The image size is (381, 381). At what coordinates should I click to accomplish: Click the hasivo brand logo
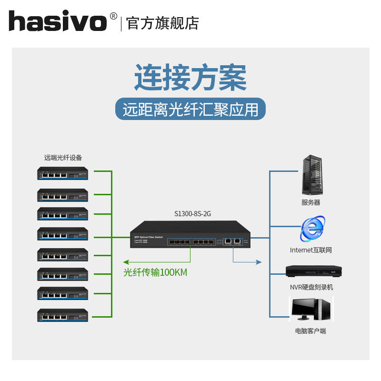point(57,22)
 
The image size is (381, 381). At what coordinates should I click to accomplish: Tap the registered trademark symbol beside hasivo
point(113,16)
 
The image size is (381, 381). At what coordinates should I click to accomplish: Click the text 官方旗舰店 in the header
point(162,23)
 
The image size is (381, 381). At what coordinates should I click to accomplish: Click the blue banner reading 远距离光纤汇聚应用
point(190,110)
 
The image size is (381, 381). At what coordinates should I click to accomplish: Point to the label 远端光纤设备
point(63,158)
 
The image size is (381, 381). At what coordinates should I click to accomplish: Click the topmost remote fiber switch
point(63,173)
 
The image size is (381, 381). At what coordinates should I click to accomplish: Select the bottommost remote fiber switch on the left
point(63,315)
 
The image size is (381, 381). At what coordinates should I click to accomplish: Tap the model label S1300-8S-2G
point(192,214)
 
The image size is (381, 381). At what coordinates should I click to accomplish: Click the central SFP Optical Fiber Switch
point(190,235)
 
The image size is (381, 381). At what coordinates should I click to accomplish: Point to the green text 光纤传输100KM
point(155,272)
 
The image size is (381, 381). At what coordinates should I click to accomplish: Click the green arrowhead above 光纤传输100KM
point(126,262)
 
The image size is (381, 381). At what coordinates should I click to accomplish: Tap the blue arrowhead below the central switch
point(259,262)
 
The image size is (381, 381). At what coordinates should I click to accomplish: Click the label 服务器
point(311,202)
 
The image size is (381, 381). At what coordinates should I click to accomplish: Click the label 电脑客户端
point(311,331)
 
